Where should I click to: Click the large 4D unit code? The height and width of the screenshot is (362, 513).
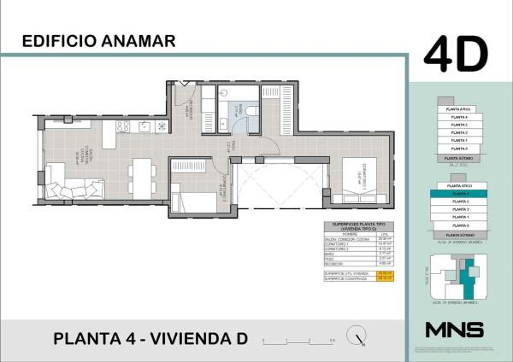tap(456, 54)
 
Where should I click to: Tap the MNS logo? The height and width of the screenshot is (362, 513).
tap(454, 330)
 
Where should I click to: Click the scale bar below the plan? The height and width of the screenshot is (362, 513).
tap(299, 340)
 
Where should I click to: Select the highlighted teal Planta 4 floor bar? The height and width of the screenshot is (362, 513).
tap(454, 194)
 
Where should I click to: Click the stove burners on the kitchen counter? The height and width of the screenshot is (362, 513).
tap(122, 126)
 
